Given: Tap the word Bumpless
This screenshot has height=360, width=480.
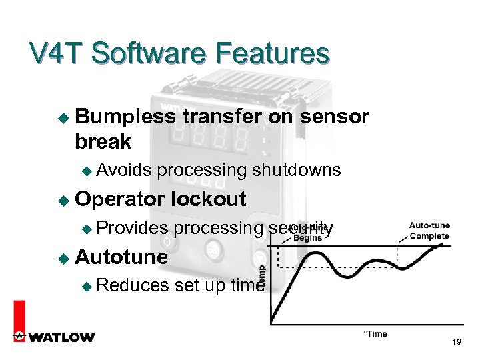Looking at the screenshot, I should point(125,117).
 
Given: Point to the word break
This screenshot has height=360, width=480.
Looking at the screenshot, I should point(103,141).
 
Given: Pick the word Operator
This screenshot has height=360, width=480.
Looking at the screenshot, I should point(121,199).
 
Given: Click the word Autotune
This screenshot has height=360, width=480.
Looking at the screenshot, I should point(122,257).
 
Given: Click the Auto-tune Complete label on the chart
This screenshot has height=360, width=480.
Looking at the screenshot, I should point(429,231).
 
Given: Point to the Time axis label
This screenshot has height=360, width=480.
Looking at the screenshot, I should point(376,333).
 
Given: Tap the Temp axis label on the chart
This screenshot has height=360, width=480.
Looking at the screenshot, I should point(261,275).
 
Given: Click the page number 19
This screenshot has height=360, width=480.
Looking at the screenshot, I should point(457,342).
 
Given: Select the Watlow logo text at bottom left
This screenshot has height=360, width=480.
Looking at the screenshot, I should point(61,337).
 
